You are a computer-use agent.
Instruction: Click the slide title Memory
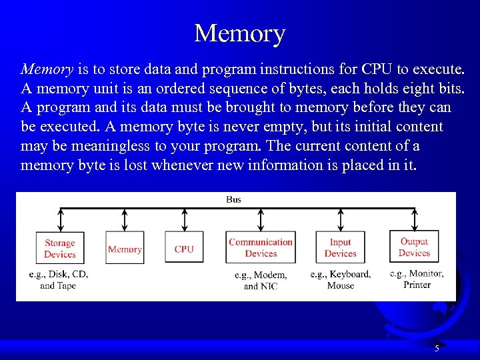pos(239,33)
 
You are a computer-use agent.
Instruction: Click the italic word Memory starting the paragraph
pos(47,69)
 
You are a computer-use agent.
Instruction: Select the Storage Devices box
pos(60,248)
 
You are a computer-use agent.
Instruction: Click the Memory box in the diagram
pos(125,249)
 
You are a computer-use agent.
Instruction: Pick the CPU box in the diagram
pos(184,249)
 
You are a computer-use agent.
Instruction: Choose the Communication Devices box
pos(261,248)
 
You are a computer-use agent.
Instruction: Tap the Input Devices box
pos(341,248)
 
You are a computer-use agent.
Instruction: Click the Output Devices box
pos(414,247)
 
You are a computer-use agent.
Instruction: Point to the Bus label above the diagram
pos(234,199)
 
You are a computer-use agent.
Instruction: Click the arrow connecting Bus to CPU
pos(184,219)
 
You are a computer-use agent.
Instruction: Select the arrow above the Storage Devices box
pos(61,219)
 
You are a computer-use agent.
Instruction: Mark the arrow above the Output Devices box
pos(415,219)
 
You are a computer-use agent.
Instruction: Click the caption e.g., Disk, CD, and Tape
pos(59,280)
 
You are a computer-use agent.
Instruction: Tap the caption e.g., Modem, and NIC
pos(261,281)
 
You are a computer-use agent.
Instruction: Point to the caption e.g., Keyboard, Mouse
pos(341,280)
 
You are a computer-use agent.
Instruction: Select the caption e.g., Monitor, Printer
pos(416,279)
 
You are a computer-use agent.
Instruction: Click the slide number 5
pos(437,348)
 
